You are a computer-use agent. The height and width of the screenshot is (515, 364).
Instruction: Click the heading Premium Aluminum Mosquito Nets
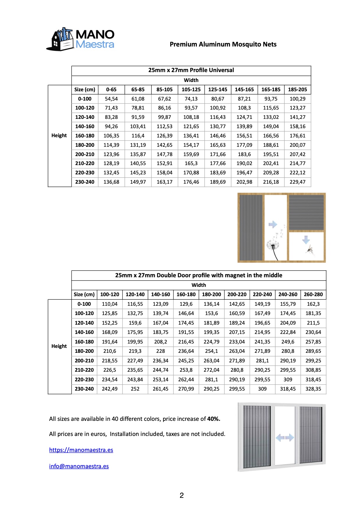coord(223,44)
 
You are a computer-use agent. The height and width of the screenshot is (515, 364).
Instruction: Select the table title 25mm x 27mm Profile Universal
coord(191,70)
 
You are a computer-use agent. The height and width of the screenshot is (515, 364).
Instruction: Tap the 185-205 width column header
coord(297,90)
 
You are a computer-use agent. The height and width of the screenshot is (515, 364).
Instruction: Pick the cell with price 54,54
coord(111,99)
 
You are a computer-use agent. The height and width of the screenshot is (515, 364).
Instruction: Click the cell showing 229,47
coord(297,182)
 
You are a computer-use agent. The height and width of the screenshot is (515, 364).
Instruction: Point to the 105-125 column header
coord(191,90)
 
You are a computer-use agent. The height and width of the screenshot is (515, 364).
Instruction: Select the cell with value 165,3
coord(191,163)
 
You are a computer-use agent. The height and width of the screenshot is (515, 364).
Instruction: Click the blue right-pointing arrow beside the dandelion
coord(273,224)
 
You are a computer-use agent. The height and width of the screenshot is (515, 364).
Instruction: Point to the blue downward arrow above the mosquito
coord(306,240)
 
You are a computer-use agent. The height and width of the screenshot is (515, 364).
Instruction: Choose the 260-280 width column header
coord(313,294)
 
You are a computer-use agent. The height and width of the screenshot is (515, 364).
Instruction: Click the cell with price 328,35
coord(313,389)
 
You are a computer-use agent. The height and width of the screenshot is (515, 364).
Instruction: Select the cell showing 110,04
coord(110,304)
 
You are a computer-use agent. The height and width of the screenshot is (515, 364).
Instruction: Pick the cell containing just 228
coord(160,351)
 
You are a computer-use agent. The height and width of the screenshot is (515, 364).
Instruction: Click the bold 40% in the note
coord(214,419)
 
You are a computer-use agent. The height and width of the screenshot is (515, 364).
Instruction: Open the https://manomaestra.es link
coord(81,450)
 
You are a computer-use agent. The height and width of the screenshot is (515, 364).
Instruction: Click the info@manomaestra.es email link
coord(79,466)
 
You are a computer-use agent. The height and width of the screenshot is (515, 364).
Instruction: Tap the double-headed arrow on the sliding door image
coord(285,437)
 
